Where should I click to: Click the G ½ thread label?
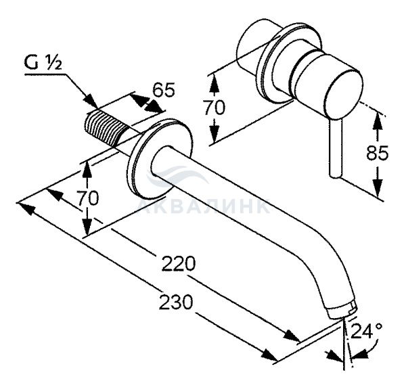pos(43,63)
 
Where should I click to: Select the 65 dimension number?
pos(163,90)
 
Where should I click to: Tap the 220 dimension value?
pos(179,263)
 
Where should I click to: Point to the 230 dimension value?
pos(176,302)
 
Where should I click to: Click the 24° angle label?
pos(366,331)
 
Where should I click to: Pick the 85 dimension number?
pos(378,153)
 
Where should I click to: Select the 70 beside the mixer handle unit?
pos(215,108)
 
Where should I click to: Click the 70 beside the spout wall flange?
pos(88,198)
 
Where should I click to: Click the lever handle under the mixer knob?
pos(336,148)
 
